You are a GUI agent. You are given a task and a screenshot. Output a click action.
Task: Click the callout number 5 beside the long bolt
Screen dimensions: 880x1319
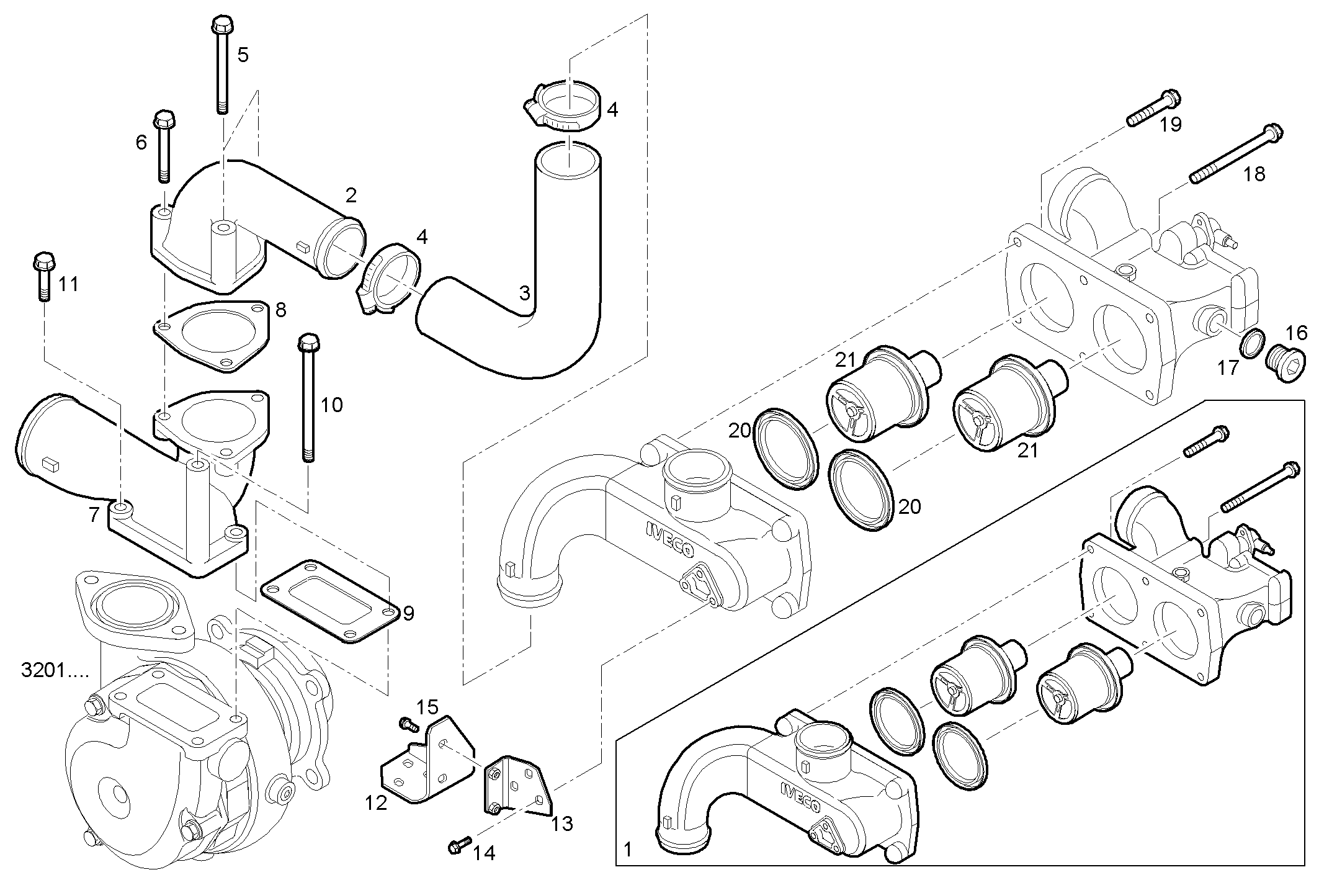point(243,55)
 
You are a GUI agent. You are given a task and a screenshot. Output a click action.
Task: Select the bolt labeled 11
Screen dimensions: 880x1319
point(43,276)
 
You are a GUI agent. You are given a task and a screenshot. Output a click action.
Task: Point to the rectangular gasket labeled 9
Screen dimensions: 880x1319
point(329,601)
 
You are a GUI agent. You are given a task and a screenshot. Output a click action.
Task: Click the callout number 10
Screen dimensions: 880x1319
point(331,405)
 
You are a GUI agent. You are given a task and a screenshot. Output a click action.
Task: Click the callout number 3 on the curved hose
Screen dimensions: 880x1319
point(525,292)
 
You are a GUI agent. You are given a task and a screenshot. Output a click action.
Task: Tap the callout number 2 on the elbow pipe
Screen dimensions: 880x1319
point(351,195)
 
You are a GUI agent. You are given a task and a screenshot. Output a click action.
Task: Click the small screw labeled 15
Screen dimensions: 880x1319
point(406,723)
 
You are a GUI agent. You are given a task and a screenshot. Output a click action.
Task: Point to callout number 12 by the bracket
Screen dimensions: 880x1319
point(376,803)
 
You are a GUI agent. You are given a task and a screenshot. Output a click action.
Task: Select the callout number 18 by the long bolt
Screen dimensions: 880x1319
point(1254,174)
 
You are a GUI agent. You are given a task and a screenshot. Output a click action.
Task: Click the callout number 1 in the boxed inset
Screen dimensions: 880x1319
point(628,849)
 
